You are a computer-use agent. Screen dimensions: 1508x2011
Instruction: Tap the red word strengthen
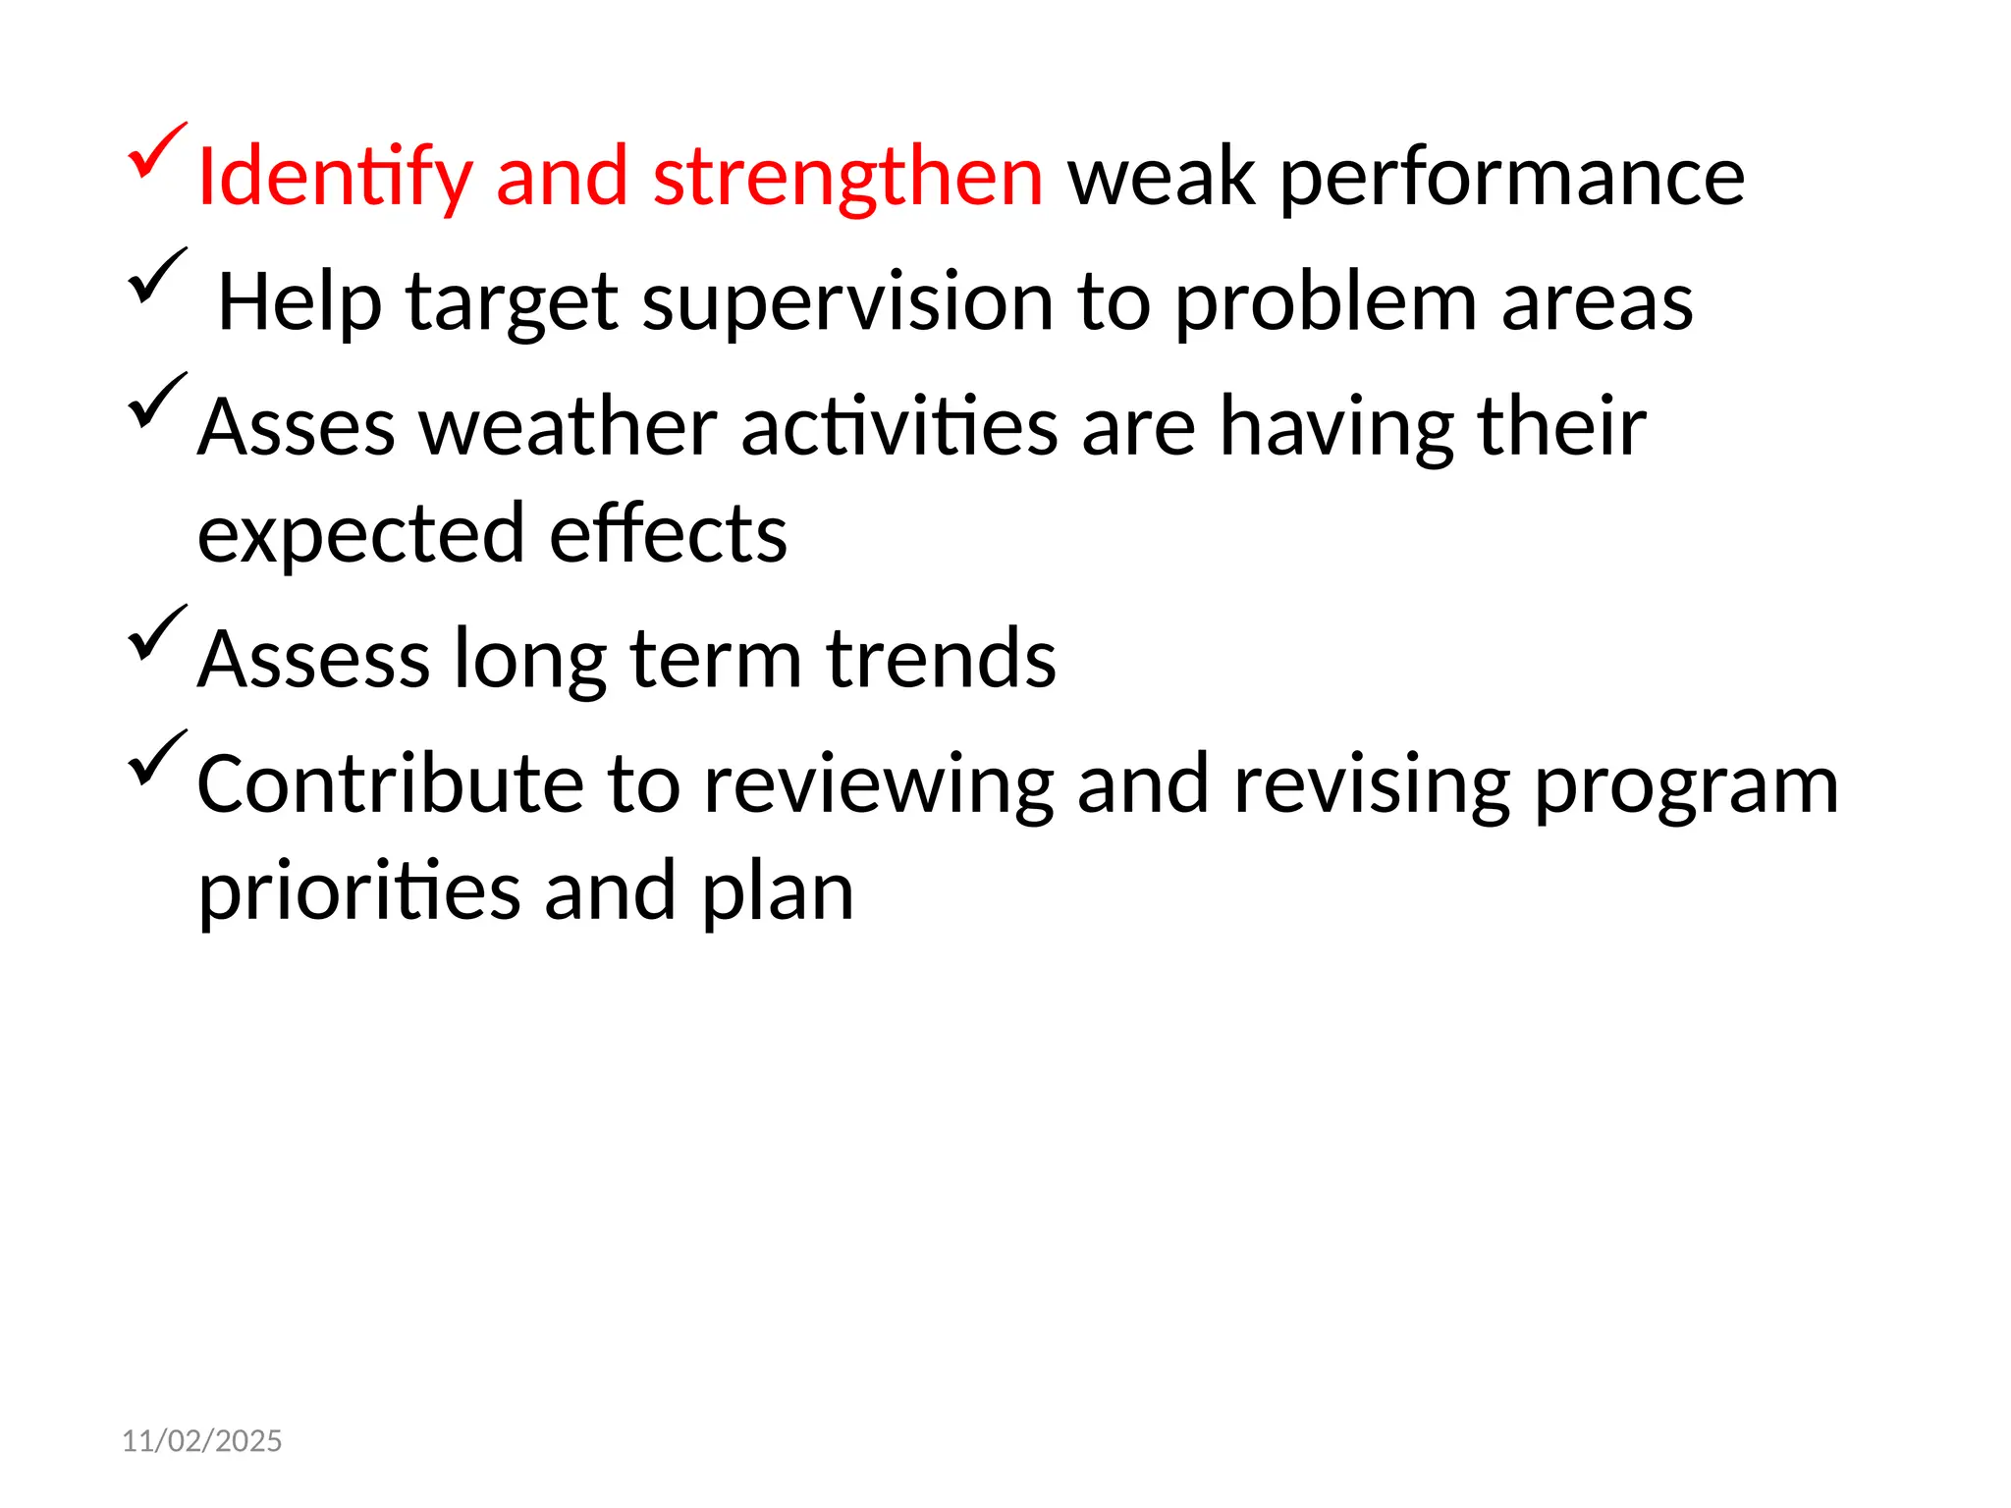pyautogui.click(x=847, y=177)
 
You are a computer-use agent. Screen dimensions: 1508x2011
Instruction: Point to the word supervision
pyautogui.click(x=847, y=302)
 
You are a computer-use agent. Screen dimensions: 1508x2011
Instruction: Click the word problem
pyautogui.click(x=1326, y=302)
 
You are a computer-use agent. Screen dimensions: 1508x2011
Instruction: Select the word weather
pyautogui.click(x=569, y=428)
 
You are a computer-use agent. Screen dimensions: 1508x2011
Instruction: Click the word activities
pyautogui.click(x=898, y=428)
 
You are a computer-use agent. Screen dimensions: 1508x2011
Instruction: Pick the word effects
pyautogui.click(x=668, y=533)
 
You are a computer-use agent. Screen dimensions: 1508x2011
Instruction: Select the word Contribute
pyautogui.click(x=390, y=784)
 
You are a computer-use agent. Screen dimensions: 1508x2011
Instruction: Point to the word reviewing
pyautogui.click(x=879, y=784)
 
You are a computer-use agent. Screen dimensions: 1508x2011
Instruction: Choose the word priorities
pyautogui.click(x=358, y=891)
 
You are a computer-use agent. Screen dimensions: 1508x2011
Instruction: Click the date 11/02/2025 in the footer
pyautogui.click(x=201, y=1440)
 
